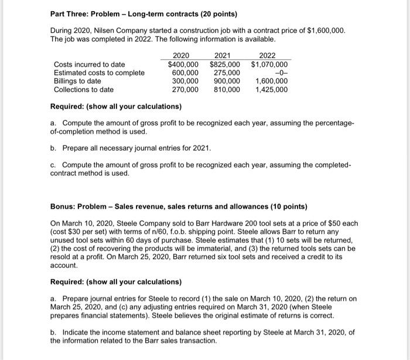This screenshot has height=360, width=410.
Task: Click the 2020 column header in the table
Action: coord(183,56)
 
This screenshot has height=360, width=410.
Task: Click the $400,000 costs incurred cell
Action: coord(183,64)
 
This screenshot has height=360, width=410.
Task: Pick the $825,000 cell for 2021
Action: coord(225,64)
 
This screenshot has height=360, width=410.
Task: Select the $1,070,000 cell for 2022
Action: coord(269,64)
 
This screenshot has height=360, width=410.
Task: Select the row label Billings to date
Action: coord(77,81)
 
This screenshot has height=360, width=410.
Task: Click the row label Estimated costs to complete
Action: coord(99,73)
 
